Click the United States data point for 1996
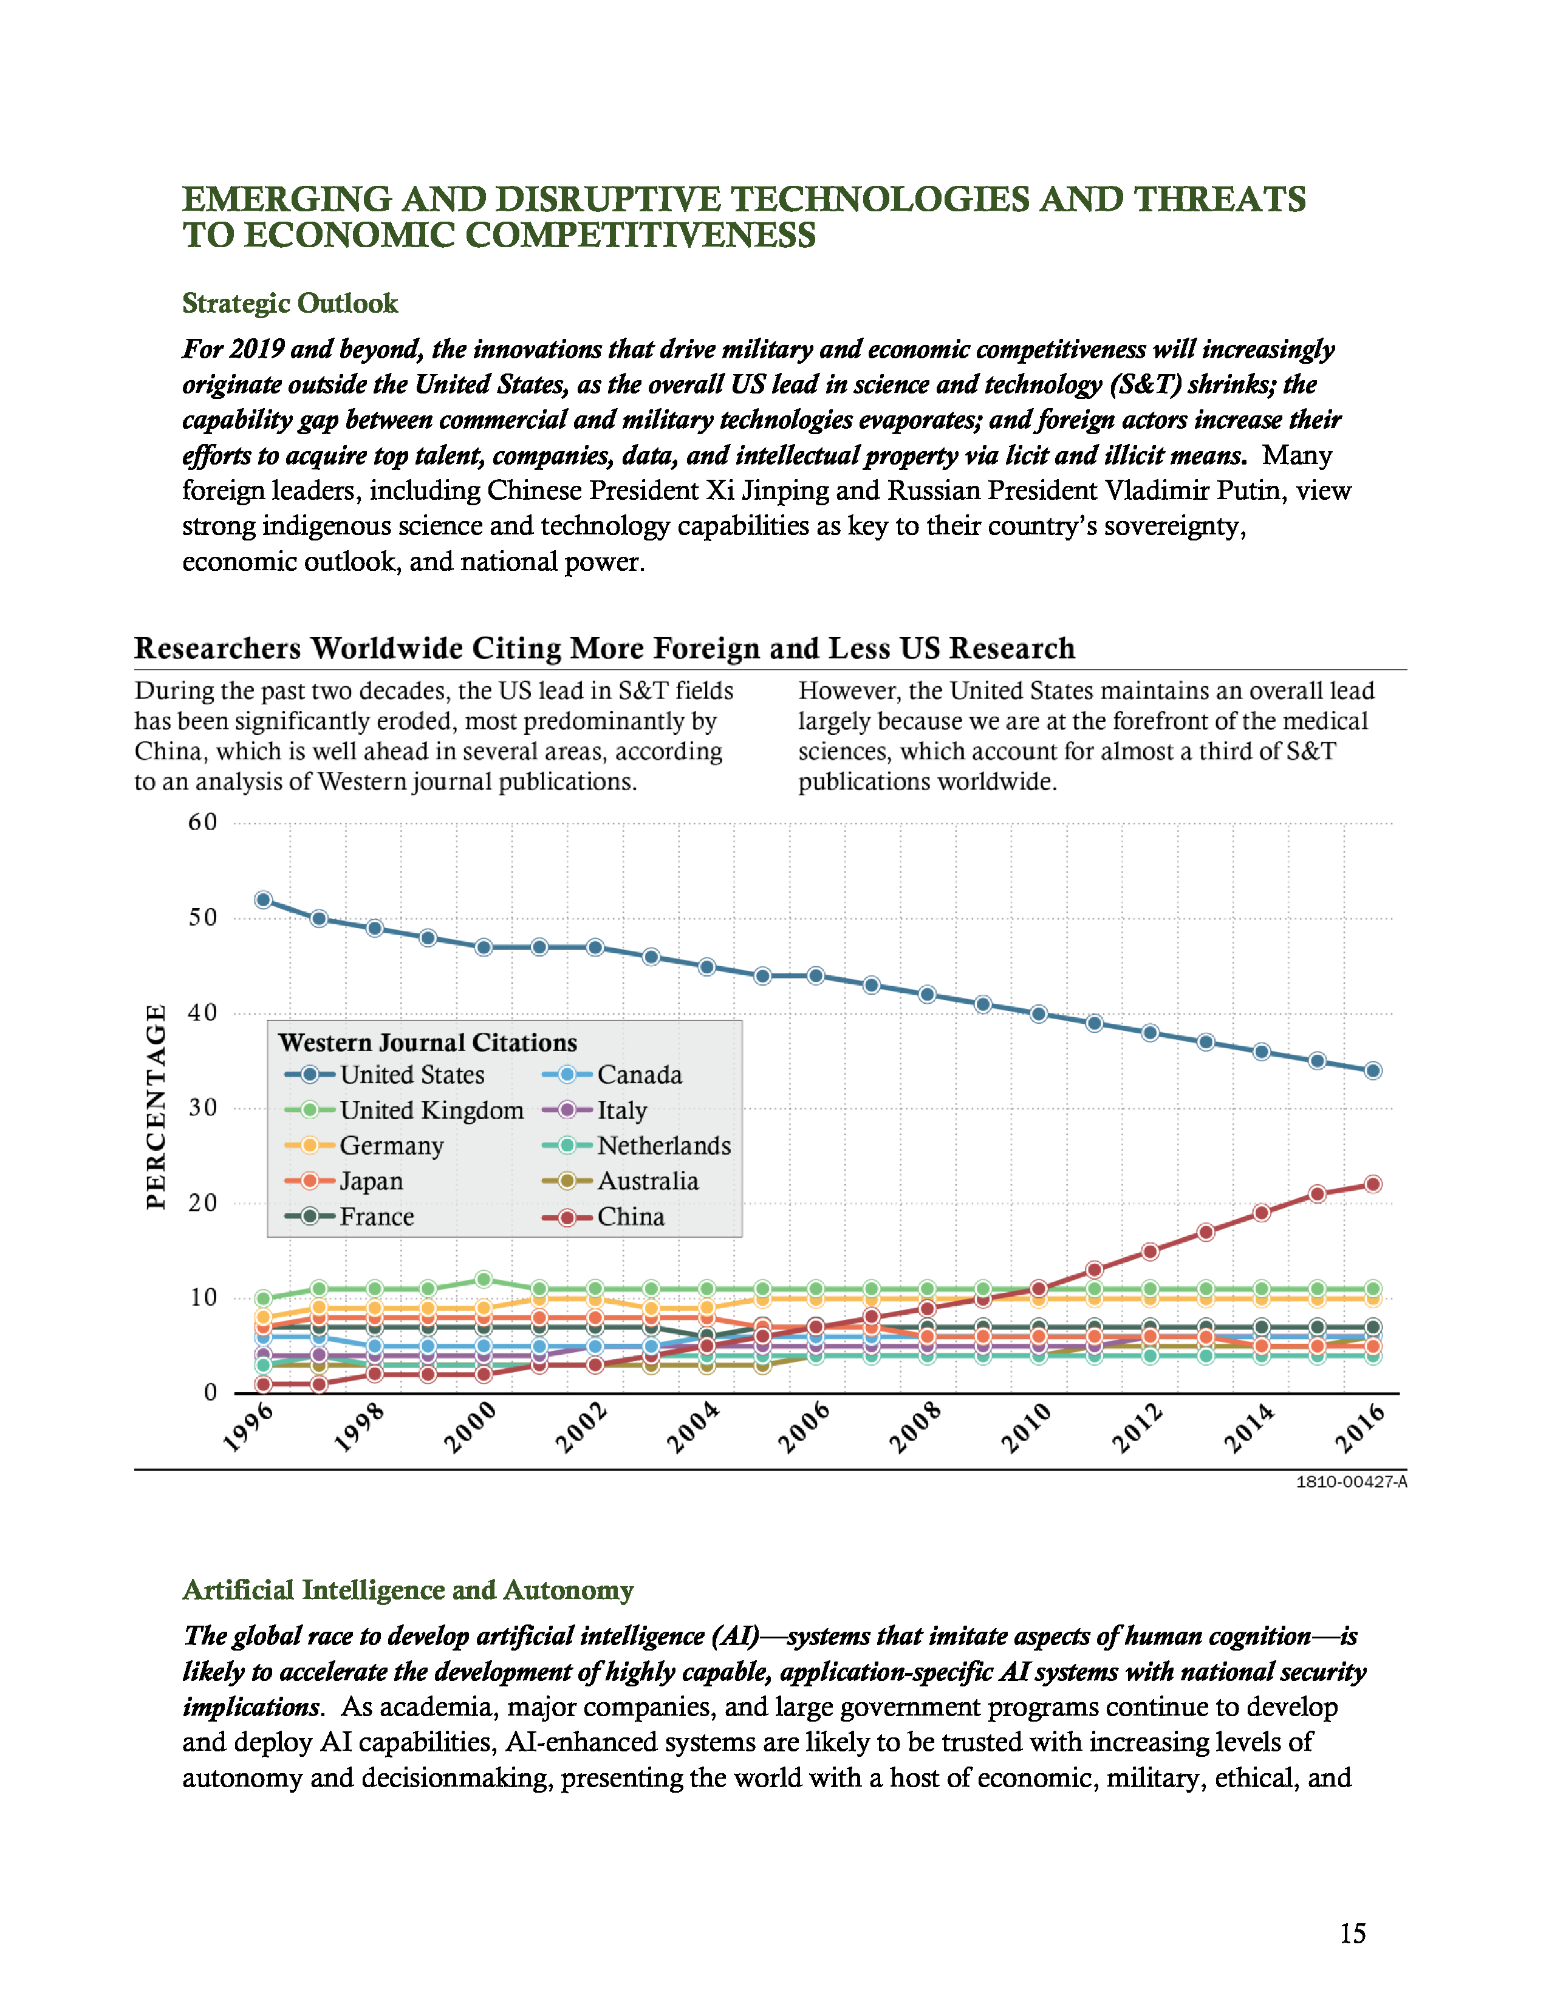(x=264, y=900)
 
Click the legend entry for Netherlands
(x=663, y=1146)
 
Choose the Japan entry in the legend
(x=371, y=1182)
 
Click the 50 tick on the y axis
(x=203, y=918)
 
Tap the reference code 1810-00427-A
(x=1351, y=1482)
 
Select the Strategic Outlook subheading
(x=290, y=304)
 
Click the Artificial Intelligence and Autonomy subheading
(x=408, y=1590)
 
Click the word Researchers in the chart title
(x=217, y=649)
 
